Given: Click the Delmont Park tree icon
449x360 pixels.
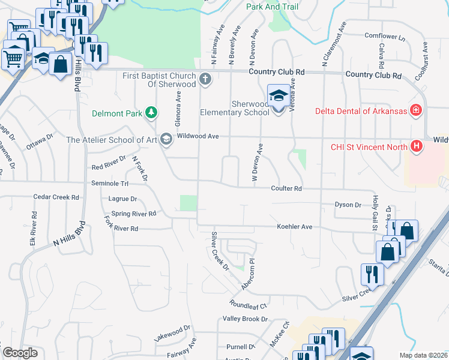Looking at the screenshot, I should click(x=152, y=112).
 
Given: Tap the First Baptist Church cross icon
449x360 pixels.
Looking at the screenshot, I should click(x=205, y=79).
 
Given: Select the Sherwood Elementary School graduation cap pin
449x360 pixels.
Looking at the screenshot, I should click(x=278, y=96).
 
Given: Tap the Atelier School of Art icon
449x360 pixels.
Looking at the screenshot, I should click(x=166, y=140).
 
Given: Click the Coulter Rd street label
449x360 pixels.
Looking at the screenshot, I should click(x=286, y=188).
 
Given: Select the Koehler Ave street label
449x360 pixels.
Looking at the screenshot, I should click(x=295, y=227).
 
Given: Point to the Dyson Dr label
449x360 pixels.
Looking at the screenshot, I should click(x=348, y=205).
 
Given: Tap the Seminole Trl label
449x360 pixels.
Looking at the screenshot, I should click(x=110, y=183).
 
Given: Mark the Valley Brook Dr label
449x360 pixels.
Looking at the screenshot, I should click(x=244, y=319).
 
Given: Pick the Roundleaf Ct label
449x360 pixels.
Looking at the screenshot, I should click(x=247, y=305).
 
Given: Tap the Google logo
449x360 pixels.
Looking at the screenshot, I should click(x=20, y=353).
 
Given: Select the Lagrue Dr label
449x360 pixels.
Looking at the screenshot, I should click(x=123, y=199).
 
